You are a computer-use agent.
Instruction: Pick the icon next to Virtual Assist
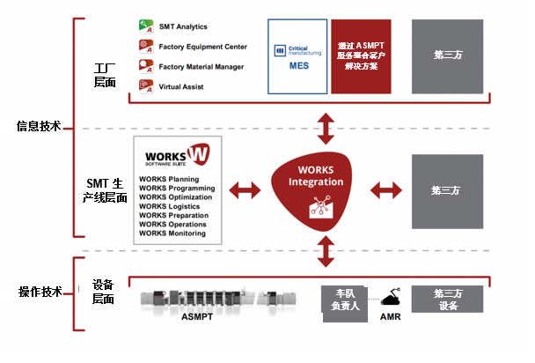point(146,87)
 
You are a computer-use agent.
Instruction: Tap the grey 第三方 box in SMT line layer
point(447,189)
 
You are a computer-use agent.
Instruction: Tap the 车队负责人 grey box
point(344,299)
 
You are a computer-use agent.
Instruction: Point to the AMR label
point(392,316)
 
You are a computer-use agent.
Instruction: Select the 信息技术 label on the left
point(38,126)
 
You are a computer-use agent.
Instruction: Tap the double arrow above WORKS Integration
point(326,129)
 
